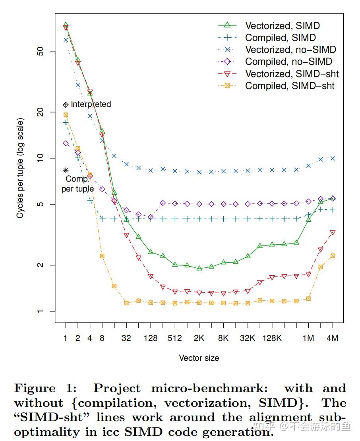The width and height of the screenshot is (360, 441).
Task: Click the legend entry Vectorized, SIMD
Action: pyautogui.click(x=282, y=26)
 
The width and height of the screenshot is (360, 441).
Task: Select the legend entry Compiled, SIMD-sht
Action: pyautogui.click(x=290, y=86)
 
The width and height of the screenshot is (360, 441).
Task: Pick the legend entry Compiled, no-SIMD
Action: pyautogui.click(x=288, y=62)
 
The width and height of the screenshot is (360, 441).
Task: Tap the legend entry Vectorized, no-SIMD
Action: pyautogui.click(x=290, y=50)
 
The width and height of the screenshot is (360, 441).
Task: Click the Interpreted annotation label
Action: pyautogui.click(x=91, y=104)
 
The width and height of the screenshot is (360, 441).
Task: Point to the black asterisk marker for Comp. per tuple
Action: pyautogui.click(x=66, y=170)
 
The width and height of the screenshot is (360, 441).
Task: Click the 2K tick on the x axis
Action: pyautogui.click(x=199, y=338)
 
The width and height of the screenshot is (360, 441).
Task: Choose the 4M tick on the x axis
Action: pyautogui.click(x=332, y=338)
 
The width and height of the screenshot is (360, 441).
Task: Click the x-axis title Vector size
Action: pyautogui.click(x=199, y=358)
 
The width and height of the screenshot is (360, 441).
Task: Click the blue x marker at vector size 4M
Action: pyautogui.click(x=333, y=159)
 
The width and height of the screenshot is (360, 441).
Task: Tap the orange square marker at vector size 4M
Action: pyautogui.click(x=333, y=256)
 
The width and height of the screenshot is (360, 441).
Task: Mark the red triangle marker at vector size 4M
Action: pyautogui.click(x=333, y=233)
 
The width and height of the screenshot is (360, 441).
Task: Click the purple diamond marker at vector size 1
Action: pyautogui.click(x=66, y=143)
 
